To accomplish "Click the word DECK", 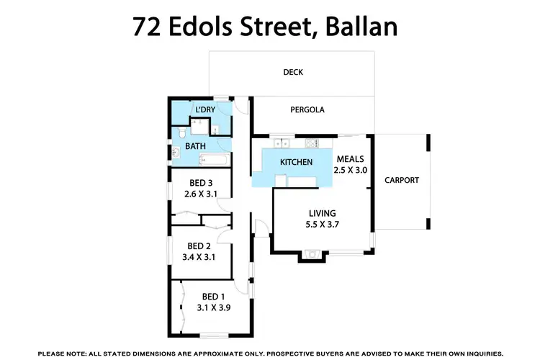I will (293, 72).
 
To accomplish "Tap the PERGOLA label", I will (307, 110).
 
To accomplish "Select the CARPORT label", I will (401, 180).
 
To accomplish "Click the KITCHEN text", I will (296, 162).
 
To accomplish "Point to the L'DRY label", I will (205, 109).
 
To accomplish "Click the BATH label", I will (196, 146).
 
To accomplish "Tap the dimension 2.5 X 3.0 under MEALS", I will (351, 171).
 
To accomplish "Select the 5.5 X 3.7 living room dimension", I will (323, 224).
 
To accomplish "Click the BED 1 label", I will (214, 297).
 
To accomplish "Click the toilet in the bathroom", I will (184, 133).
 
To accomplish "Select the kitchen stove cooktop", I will (314, 140).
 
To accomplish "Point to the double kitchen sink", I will (280, 140).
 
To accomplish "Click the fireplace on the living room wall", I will (311, 252).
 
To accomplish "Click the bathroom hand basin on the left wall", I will (175, 152).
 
